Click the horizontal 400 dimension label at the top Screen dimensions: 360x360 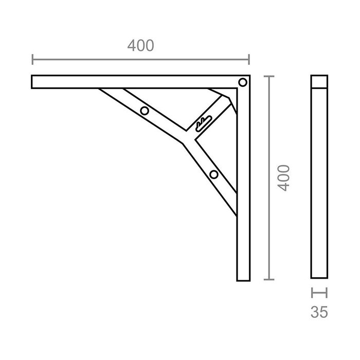(140, 46)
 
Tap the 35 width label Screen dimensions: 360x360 (319, 312)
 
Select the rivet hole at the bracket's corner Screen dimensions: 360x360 (242, 82)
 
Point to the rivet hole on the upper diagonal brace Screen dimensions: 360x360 (145, 111)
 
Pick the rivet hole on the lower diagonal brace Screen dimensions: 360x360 (214, 174)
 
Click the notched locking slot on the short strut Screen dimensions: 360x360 (204, 122)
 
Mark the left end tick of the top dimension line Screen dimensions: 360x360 (32, 60)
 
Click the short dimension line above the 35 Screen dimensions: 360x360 (319, 293)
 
